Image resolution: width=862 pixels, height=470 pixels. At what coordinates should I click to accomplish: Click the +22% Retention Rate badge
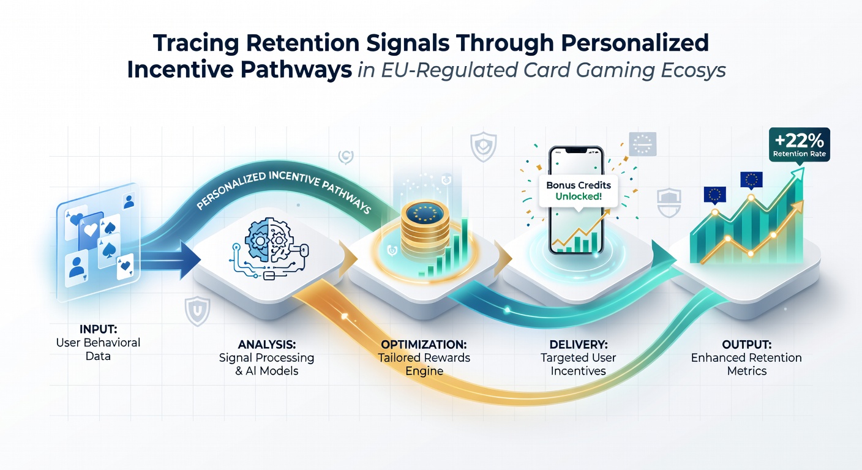(x=800, y=144)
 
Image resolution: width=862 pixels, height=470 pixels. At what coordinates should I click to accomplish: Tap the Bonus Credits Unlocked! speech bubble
(x=579, y=192)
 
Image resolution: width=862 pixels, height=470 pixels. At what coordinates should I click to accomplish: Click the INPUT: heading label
(x=98, y=329)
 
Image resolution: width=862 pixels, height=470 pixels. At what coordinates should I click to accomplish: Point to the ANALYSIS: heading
(x=267, y=344)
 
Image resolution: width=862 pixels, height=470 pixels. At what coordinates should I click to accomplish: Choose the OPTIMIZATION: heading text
(x=424, y=344)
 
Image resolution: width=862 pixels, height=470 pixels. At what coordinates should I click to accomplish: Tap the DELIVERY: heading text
(x=579, y=344)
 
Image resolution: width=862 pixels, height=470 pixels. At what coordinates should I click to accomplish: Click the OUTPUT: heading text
(x=746, y=344)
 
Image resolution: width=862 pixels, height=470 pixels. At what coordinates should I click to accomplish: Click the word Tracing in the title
(x=197, y=43)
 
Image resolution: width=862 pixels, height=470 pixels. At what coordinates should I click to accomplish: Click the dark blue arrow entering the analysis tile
(x=170, y=260)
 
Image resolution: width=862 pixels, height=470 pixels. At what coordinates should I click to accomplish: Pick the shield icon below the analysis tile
(x=197, y=311)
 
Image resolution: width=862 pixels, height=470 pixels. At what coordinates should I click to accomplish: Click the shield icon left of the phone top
(x=483, y=147)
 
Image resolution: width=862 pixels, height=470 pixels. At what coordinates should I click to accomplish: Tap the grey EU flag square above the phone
(x=642, y=144)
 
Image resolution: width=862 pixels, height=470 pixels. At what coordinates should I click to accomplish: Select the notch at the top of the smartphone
(x=575, y=150)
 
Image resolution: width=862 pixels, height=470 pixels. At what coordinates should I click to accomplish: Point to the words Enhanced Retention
(x=746, y=357)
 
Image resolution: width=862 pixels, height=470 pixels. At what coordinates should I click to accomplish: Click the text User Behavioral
(x=98, y=342)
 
